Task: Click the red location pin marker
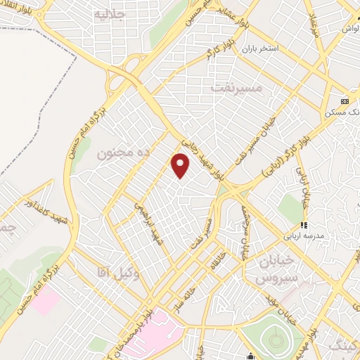181,165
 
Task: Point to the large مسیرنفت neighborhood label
236,88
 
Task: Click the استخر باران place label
261,49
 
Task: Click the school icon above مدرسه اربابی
304,226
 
